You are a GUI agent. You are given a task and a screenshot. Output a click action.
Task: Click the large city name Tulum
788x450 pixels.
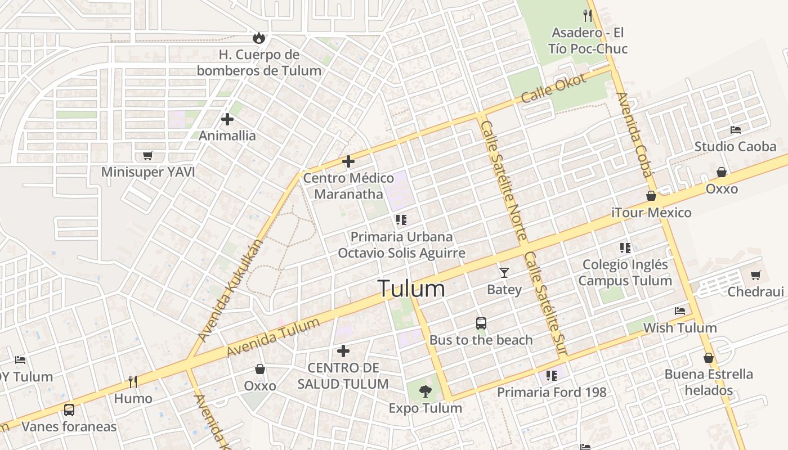coord(411,289)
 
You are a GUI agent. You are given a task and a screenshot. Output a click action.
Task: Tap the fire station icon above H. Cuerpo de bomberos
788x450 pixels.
coord(259,38)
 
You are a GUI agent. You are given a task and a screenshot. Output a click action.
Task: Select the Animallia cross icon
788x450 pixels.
coord(227,119)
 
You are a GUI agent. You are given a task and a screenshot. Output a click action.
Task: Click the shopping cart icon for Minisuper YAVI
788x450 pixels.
coord(147,155)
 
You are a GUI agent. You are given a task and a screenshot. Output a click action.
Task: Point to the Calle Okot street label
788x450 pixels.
coord(554,88)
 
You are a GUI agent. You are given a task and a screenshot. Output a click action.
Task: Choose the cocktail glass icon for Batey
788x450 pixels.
coord(504,273)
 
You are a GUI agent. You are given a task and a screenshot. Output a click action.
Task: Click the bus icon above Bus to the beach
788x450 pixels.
coord(481,323)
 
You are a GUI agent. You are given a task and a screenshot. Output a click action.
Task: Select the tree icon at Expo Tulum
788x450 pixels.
coord(426,391)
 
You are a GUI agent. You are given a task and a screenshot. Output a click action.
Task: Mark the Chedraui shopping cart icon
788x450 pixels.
coord(755,275)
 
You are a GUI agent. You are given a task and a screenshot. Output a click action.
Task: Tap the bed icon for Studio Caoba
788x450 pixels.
coord(735,130)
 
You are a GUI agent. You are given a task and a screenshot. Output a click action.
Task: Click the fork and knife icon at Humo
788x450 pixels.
coord(133,382)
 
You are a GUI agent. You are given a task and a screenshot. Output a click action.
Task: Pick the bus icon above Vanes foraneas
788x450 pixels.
coord(69,410)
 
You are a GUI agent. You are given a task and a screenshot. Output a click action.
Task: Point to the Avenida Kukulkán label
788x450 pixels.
coord(231,290)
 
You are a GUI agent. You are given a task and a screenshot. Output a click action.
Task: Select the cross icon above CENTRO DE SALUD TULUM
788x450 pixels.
coord(343,352)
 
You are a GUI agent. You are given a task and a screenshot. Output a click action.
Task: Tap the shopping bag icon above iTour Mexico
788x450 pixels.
coord(651,196)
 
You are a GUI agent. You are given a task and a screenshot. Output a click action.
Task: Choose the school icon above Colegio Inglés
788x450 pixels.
coord(625,247)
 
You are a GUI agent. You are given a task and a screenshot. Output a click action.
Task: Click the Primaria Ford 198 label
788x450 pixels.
coord(552,392)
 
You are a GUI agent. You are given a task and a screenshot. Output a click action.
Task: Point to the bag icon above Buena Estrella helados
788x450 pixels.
coord(709,358)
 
